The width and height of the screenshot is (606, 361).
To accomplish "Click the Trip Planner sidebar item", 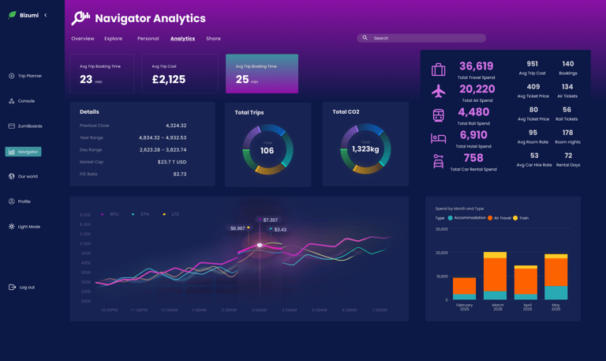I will (29, 76).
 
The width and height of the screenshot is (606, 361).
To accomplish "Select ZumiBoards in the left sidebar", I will (29, 126).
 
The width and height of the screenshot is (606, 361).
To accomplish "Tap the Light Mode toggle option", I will (28, 227).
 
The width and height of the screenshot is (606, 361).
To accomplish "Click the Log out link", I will (26, 288).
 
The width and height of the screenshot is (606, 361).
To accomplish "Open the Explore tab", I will (113, 39).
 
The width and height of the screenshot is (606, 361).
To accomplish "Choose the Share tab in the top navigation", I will (213, 39).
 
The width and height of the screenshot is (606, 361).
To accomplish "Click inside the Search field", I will (426, 38).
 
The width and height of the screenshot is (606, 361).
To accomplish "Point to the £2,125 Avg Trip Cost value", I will (168, 80).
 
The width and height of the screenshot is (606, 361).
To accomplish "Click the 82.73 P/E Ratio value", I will (180, 174).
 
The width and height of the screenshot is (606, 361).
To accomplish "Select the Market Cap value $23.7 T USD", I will (172, 162).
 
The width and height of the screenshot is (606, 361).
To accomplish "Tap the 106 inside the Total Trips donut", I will (267, 151).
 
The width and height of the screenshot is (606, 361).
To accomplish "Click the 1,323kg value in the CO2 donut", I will (365, 149).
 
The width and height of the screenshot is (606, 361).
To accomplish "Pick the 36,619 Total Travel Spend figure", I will (476, 67).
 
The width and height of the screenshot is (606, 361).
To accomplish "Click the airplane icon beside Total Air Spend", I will (438, 92).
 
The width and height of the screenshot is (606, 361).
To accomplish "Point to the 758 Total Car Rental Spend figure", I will (473, 158).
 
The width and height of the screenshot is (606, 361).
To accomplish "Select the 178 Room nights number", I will (567, 133).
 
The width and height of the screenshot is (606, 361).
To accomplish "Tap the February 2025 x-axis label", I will (465, 306).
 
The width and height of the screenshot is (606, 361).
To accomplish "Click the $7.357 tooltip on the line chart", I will (270, 220).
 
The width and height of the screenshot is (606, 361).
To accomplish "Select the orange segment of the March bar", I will (495, 275).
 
